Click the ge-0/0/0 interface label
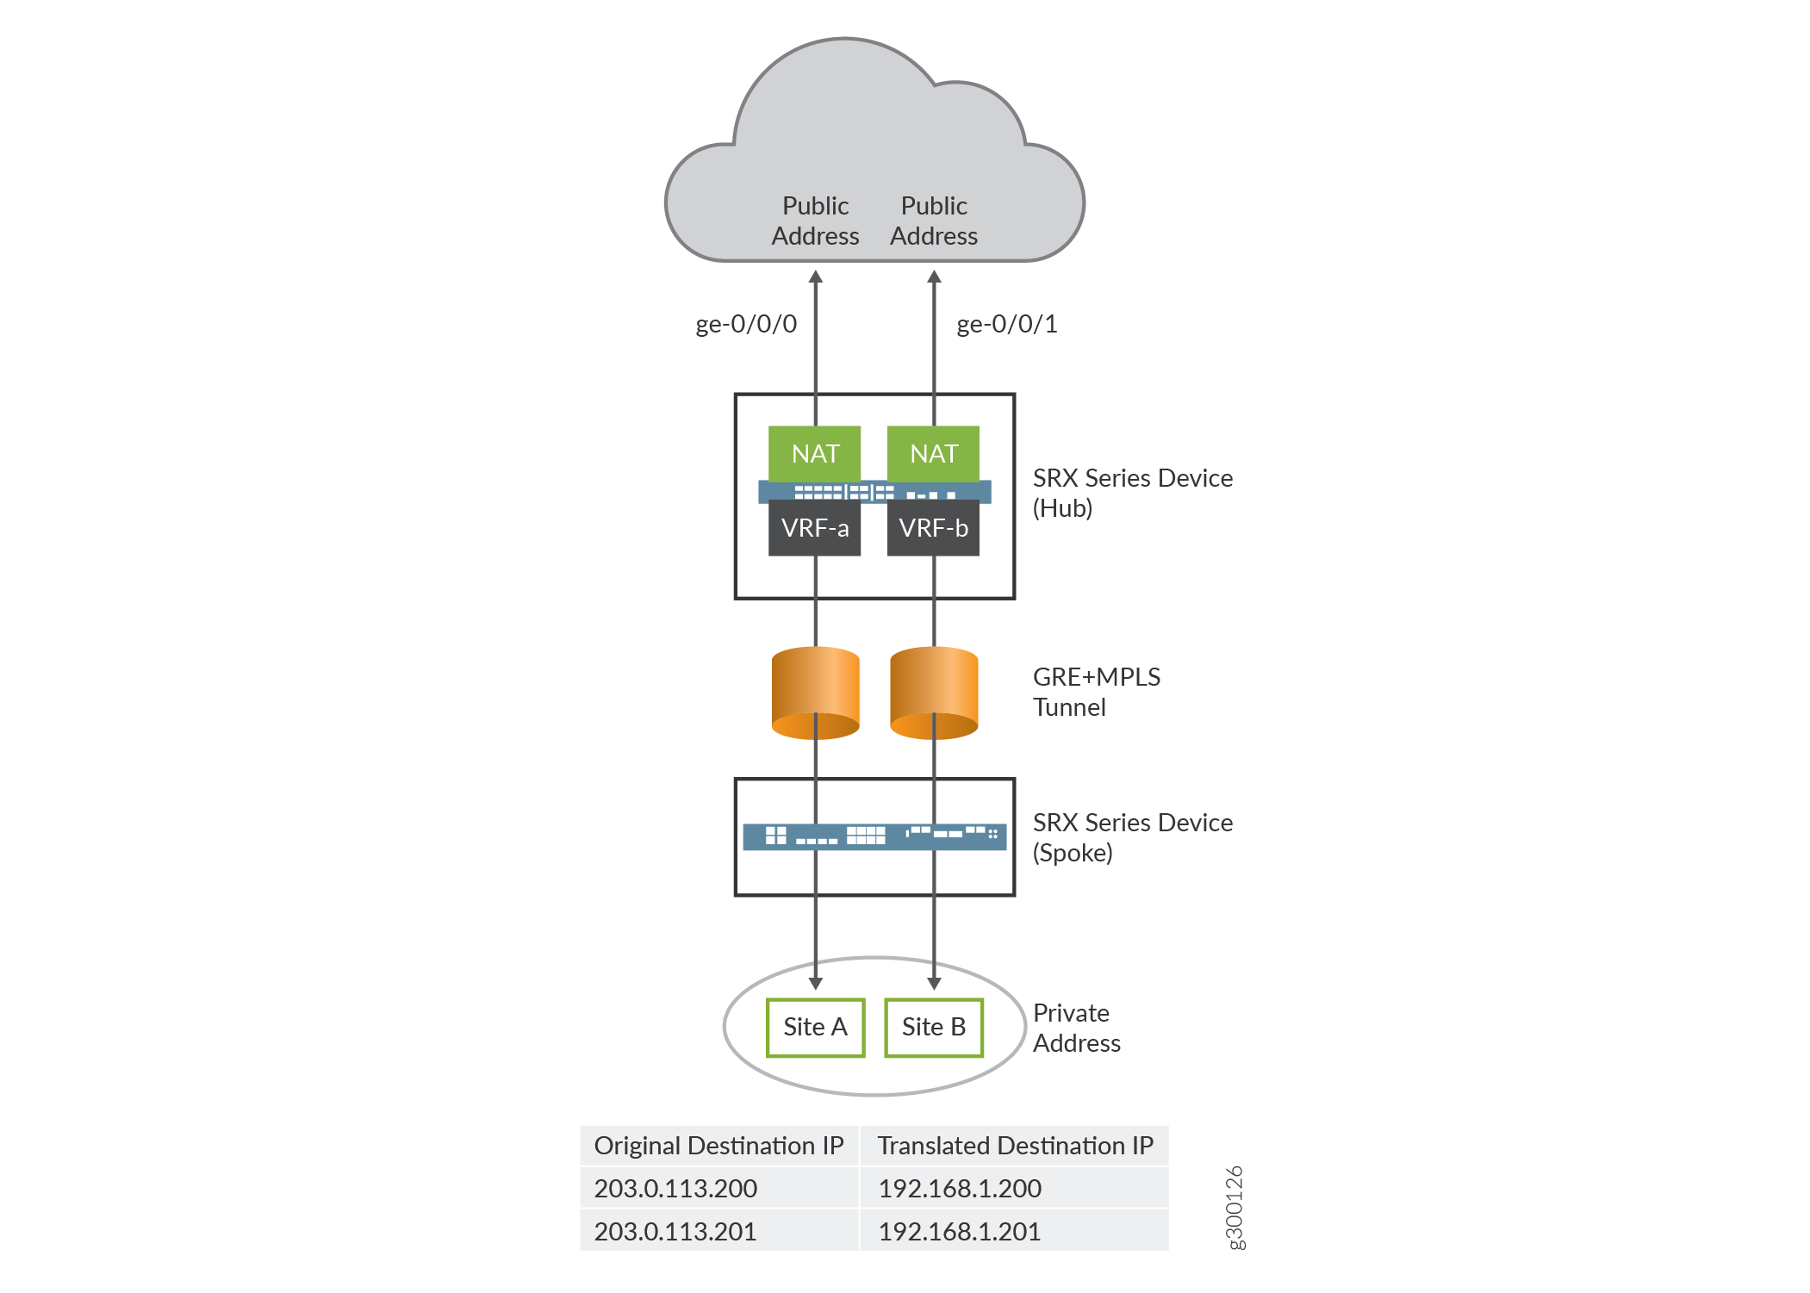(746, 324)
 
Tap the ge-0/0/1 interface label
(1007, 324)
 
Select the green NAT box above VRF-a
(814, 453)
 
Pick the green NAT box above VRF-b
(933, 453)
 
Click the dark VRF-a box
(814, 528)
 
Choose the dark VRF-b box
(933, 528)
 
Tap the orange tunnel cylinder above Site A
(815, 692)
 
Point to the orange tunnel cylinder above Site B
(934, 692)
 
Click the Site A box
(815, 1027)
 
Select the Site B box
(934, 1027)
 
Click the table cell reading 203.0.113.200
(675, 1188)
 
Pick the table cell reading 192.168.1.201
(959, 1231)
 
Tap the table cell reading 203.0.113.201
(675, 1231)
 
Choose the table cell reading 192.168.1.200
(960, 1188)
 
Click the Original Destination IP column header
(718, 1146)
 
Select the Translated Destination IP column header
(1015, 1146)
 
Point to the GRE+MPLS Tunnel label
(1096, 692)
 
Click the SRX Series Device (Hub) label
(1132, 493)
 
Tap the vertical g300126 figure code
(1235, 1207)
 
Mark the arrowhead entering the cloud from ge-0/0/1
(934, 277)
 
